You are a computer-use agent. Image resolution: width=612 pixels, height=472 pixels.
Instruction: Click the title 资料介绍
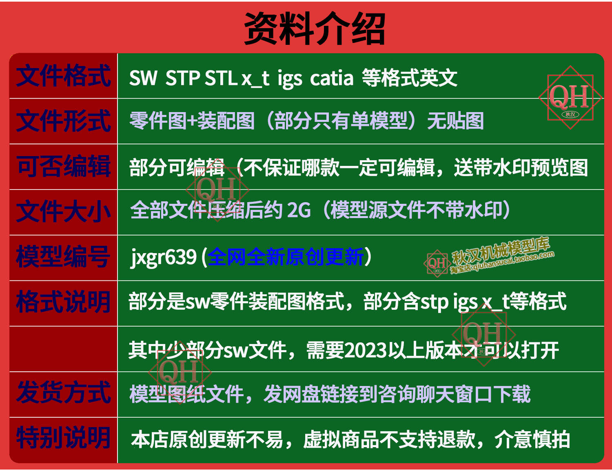(315, 28)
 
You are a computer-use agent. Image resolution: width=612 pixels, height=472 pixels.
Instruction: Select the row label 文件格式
(63, 75)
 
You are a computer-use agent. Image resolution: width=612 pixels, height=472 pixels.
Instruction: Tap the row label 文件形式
(63, 121)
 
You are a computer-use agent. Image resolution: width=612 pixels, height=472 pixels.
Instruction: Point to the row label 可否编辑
(63, 166)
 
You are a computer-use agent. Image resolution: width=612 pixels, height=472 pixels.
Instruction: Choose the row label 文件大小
(63, 212)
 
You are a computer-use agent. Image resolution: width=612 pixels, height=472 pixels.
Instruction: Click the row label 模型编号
(63, 256)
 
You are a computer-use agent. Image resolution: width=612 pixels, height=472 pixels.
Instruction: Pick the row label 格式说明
(63, 302)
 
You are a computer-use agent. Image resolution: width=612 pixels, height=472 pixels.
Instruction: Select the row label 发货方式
(63, 392)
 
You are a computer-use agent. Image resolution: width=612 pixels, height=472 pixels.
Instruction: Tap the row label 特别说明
(63, 438)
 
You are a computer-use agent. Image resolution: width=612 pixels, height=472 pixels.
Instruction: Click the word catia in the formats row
(331, 78)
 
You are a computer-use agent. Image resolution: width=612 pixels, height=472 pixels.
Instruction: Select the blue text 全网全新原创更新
(286, 256)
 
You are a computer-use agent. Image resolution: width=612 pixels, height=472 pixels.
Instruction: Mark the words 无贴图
(455, 121)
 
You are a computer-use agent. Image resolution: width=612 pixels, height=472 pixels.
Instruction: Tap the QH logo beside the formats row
(570, 97)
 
